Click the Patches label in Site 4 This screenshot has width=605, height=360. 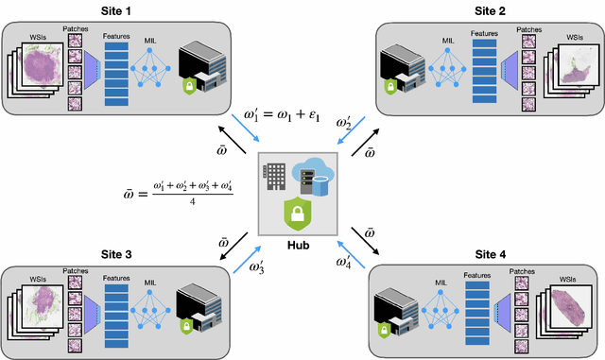coord(519,270)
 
